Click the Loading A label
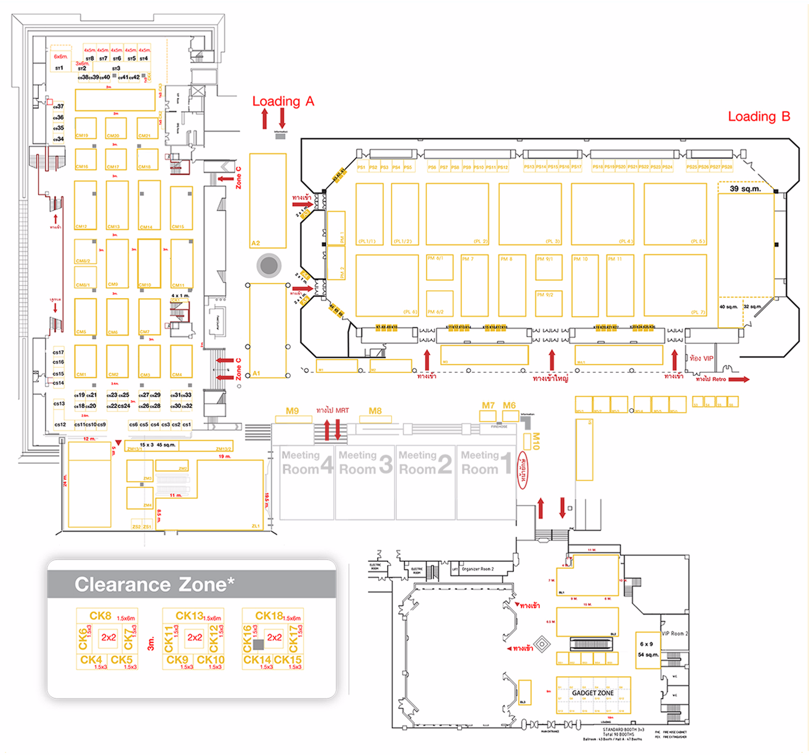[x=283, y=101]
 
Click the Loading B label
[x=758, y=116]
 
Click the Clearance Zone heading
[x=154, y=585]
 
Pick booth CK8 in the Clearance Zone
[x=101, y=616]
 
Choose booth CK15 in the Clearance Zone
[x=288, y=661]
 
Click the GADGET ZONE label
[x=593, y=693]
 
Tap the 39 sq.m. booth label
[x=745, y=189]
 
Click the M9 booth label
[x=292, y=411]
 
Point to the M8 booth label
[x=375, y=411]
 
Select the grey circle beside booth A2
[x=269, y=265]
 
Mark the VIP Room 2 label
[x=675, y=634]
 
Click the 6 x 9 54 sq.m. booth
[x=647, y=649]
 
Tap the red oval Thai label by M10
[x=523, y=471]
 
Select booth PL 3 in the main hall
[x=530, y=214]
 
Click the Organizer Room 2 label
[x=477, y=569]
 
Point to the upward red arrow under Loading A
[x=265, y=119]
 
